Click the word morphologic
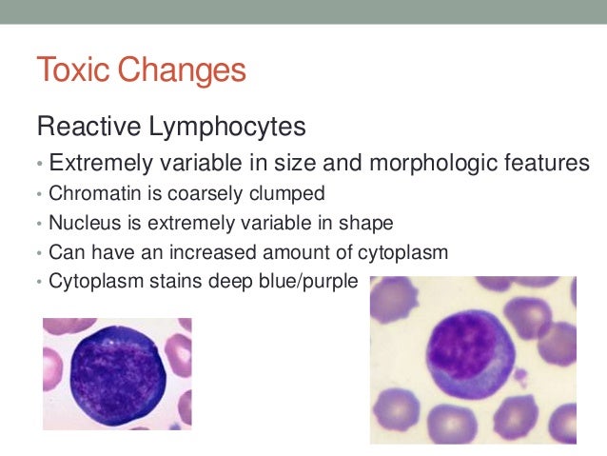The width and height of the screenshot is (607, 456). pos(412,163)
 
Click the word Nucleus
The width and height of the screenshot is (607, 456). pos(79,225)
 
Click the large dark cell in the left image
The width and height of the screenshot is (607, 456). pos(117,374)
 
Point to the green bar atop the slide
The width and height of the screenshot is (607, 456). pos(303,10)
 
